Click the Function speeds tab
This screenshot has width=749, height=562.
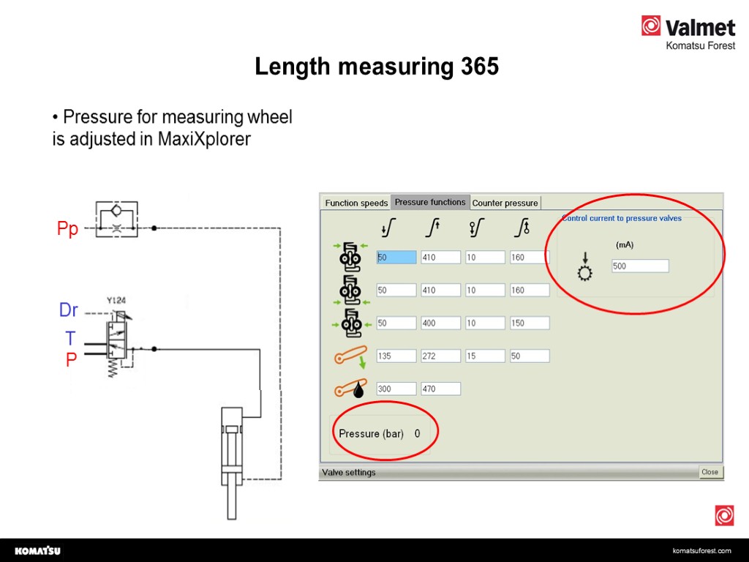(x=356, y=203)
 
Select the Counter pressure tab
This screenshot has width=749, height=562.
(x=505, y=203)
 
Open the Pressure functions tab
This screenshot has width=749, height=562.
(x=430, y=202)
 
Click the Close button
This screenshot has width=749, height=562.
(x=710, y=472)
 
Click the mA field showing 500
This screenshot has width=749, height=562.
(x=640, y=266)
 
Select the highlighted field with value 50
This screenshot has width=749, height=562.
(x=396, y=257)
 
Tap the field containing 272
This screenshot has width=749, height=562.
(x=440, y=356)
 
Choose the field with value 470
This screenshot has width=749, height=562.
(x=440, y=389)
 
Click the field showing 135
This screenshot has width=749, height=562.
(x=396, y=356)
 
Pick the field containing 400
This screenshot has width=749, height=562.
(x=440, y=323)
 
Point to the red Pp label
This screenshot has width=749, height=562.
(x=67, y=228)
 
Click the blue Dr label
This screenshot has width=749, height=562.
(x=68, y=310)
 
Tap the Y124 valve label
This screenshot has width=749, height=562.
(x=116, y=300)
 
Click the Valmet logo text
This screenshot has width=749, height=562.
(x=700, y=28)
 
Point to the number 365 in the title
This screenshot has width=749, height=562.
(x=480, y=66)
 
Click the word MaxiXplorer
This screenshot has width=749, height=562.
(x=204, y=139)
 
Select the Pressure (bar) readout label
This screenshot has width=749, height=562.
(x=371, y=433)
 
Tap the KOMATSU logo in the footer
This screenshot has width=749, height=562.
(x=38, y=550)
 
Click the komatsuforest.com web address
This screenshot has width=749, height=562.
(x=701, y=550)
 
